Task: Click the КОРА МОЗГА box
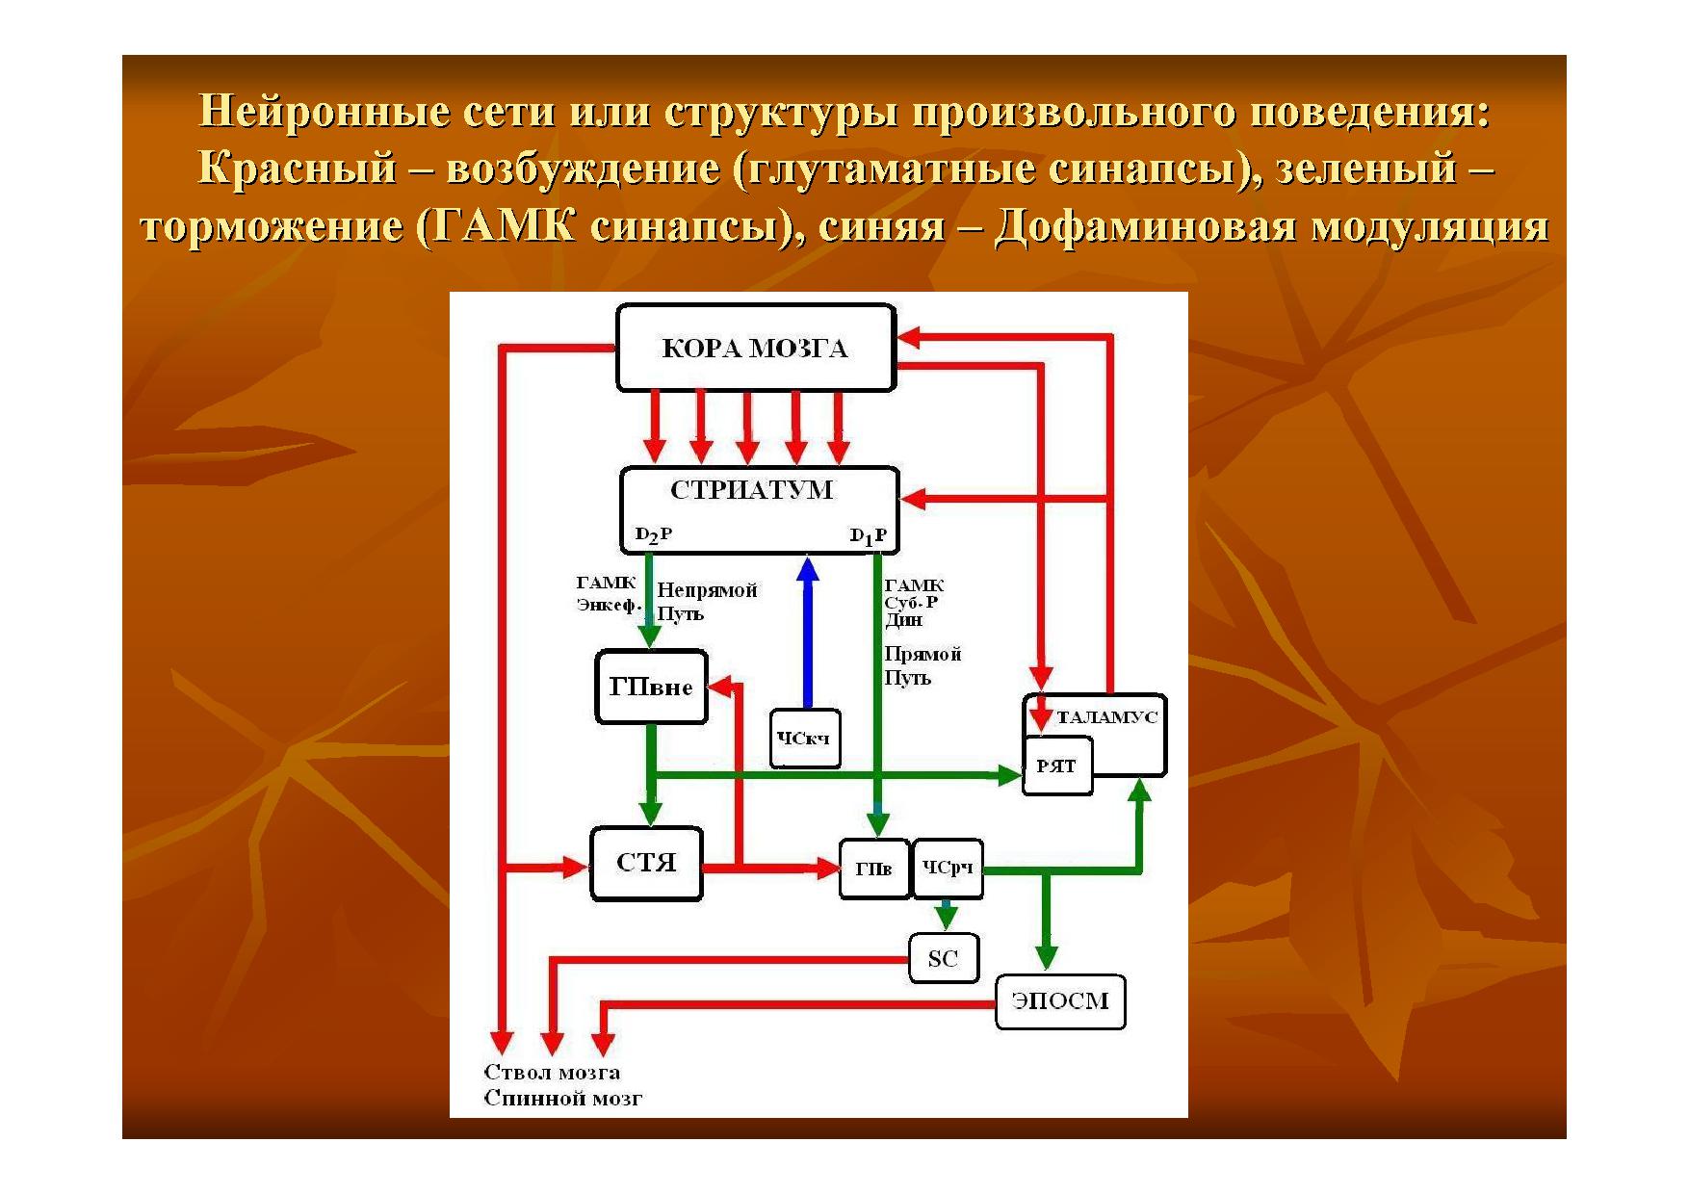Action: (756, 349)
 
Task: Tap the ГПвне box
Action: (652, 688)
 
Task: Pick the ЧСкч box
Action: (805, 739)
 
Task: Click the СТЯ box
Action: (646, 864)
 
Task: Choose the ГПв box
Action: (873, 869)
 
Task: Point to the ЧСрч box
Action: (948, 869)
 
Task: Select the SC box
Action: (944, 959)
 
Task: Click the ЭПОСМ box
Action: (1059, 1001)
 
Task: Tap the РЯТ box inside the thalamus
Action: (1056, 766)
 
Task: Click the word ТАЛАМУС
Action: (1106, 717)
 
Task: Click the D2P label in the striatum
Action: (654, 534)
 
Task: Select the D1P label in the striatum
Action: (868, 536)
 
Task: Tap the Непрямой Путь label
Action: (706, 602)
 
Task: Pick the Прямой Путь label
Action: (922, 665)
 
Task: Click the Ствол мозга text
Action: (552, 1073)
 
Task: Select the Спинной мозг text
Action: (562, 1099)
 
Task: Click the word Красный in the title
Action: (298, 169)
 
